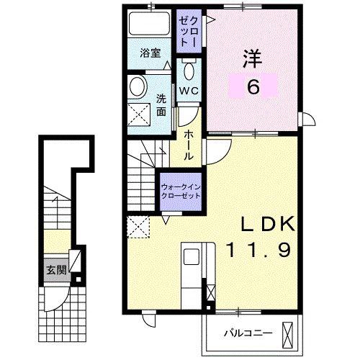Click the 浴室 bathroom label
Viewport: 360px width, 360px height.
(150, 53)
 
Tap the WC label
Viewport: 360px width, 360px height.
(189, 91)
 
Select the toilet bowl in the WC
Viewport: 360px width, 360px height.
(189, 71)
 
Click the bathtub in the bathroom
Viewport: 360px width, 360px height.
(150, 24)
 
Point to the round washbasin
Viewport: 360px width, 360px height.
(138, 86)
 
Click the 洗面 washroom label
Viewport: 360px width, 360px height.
(161, 106)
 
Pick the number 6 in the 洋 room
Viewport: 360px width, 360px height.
(253, 86)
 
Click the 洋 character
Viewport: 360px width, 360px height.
(253, 58)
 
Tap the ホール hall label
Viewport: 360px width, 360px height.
(189, 145)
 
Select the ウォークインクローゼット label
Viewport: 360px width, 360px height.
(181, 192)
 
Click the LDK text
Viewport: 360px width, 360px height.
(268, 224)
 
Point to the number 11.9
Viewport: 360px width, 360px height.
(258, 250)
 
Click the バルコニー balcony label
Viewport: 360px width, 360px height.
(248, 333)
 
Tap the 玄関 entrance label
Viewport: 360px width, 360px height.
(56, 270)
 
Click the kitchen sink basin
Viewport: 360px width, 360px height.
(192, 257)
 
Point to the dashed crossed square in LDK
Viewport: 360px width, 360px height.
(138, 227)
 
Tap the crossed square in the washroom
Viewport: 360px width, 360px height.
(139, 114)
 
